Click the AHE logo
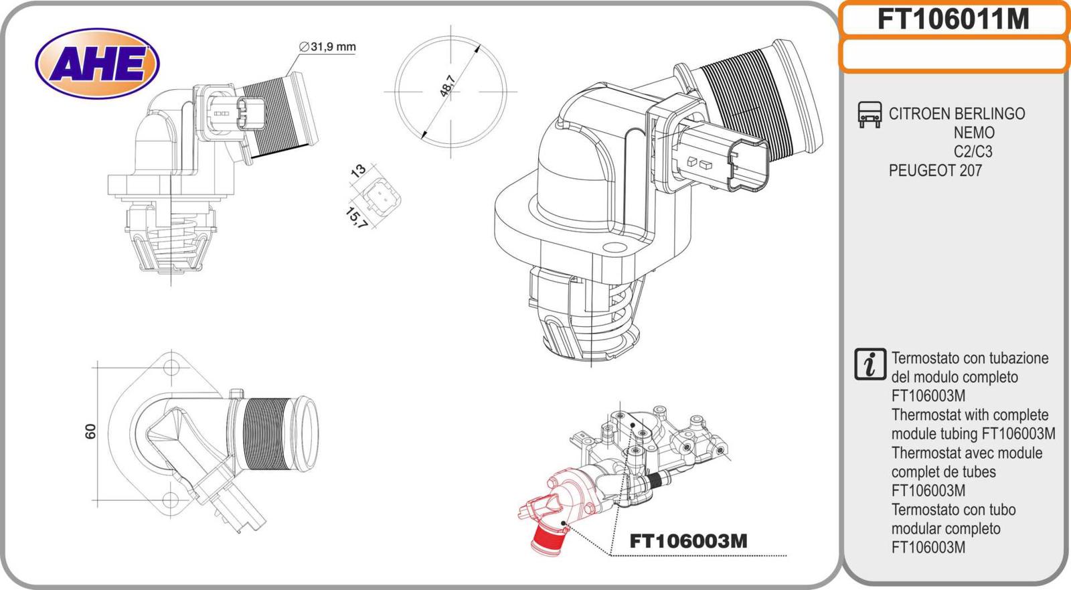pyautogui.click(x=97, y=64)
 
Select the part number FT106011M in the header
pyautogui.click(x=953, y=19)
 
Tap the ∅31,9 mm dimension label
pyautogui.click(x=327, y=47)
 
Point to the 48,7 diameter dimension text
pyautogui.click(x=447, y=86)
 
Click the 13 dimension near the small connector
pyautogui.click(x=358, y=170)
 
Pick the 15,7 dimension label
pyautogui.click(x=356, y=217)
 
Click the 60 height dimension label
pyautogui.click(x=91, y=431)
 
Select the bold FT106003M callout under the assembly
pyautogui.click(x=688, y=540)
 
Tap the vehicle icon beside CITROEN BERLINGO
pyautogui.click(x=869, y=115)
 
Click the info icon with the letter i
pyautogui.click(x=870, y=365)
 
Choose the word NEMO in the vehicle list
pyautogui.click(x=974, y=133)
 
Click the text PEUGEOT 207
pyautogui.click(x=935, y=171)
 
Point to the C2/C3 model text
pyautogui.click(x=973, y=151)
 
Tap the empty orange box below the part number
pyautogui.click(x=953, y=55)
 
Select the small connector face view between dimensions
pyautogui.click(x=381, y=196)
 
